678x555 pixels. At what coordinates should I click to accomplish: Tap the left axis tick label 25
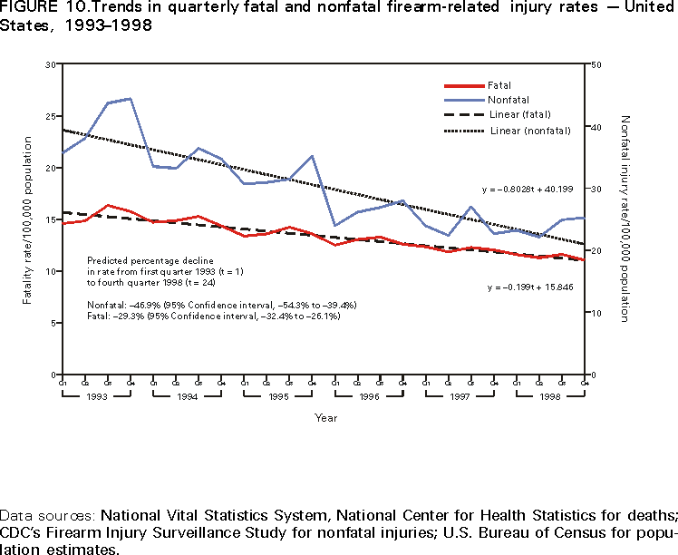[x=50, y=116]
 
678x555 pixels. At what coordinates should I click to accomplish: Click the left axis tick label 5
[x=53, y=323]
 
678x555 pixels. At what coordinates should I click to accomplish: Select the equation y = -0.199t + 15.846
[x=531, y=287]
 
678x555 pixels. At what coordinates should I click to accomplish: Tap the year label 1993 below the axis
[x=96, y=396]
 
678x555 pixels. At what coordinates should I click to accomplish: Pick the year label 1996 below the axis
[x=369, y=396]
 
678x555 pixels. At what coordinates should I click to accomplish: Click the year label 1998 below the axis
[x=551, y=396]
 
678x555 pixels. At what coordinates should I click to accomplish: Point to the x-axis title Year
[x=326, y=417]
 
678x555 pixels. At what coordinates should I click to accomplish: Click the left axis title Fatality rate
[x=27, y=220]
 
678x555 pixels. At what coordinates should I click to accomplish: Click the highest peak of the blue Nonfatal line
[x=131, y=98]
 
